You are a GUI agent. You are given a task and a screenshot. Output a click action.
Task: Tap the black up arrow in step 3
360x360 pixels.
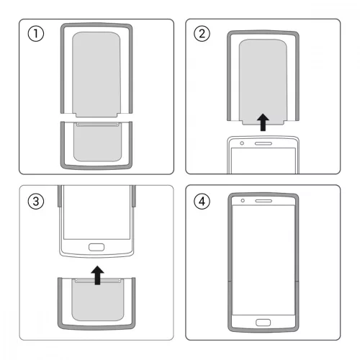click(x=96, y=272)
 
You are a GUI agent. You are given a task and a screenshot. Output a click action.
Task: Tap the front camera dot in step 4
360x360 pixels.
click(x=244, y=199)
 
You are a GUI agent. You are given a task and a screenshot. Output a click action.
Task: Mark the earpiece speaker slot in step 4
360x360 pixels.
click(x=265, y=199)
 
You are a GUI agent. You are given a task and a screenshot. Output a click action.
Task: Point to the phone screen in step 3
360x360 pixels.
click(x=96, y=212)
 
